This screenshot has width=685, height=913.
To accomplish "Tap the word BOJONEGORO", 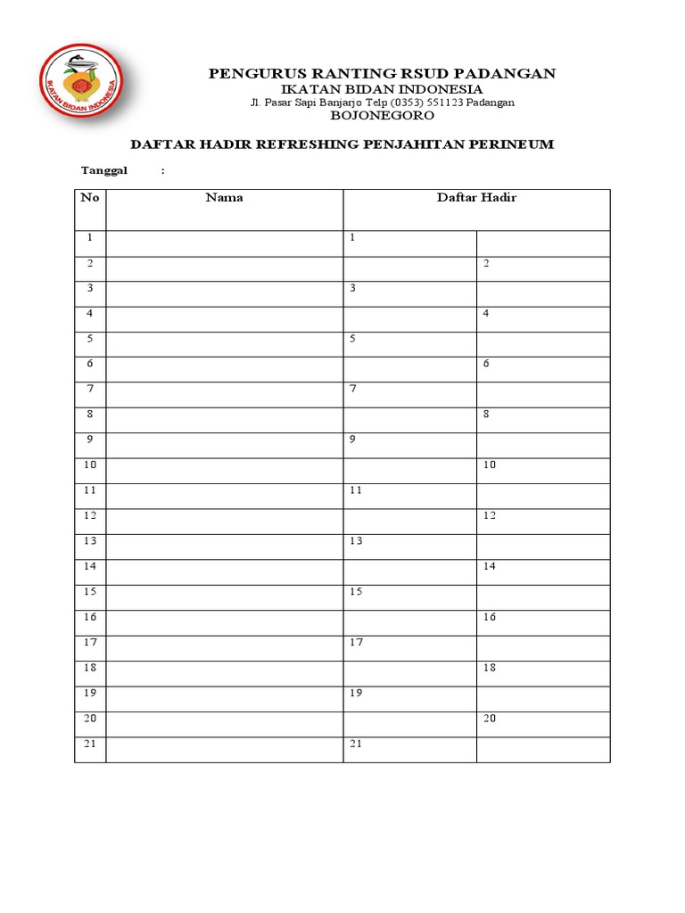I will pos(383,116).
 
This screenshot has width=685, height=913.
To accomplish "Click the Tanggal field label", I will pos(105,170).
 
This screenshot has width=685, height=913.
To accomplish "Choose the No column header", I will pos(90,198).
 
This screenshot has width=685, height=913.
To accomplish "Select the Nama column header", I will pos(224,198).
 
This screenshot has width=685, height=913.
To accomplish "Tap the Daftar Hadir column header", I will pos(476,198).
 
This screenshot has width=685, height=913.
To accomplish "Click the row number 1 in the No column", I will pos(90,238).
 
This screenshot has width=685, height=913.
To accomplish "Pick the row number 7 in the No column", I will pos(90,390).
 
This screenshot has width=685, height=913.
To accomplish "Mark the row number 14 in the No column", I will pos(90,566).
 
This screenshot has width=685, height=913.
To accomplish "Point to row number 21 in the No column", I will pos(90,744).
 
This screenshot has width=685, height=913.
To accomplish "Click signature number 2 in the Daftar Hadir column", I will pos(487,264).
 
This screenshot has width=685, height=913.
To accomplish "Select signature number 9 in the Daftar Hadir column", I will pos(353,440).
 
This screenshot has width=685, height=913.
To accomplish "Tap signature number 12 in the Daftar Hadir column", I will pos(490,515).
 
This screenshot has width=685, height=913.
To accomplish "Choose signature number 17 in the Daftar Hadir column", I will pos(357,642).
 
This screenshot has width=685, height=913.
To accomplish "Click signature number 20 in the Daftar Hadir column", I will pos(490,719).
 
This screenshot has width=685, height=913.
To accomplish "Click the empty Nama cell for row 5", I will pos(224,340).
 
